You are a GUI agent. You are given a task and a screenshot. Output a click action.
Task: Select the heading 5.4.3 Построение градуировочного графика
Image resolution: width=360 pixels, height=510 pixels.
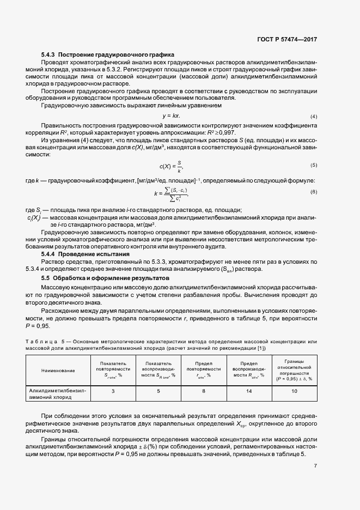107,55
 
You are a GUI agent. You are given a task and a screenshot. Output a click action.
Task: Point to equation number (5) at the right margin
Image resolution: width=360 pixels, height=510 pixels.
314,165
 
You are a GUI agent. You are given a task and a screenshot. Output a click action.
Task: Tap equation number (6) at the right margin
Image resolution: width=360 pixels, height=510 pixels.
314,192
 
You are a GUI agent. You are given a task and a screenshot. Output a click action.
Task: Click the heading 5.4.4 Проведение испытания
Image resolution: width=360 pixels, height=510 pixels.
86,254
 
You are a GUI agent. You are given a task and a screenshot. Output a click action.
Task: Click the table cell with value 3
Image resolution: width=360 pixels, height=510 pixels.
113,391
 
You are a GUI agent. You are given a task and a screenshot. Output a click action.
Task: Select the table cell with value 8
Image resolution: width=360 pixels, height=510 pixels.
203,391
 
